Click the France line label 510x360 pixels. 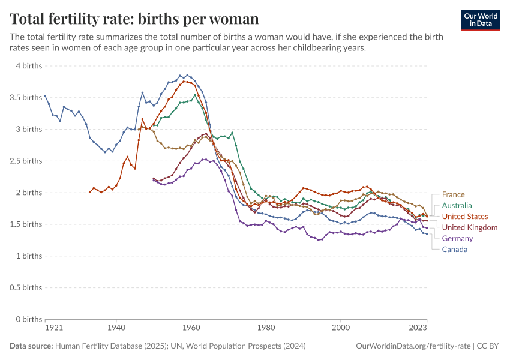point(453,194)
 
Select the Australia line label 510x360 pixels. point(457,205)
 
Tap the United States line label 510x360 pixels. point(465,216)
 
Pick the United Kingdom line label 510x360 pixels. point(469,227)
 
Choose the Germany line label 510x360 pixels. point(457,238)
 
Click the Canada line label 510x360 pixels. point(455,249)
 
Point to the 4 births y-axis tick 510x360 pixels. point(29,65)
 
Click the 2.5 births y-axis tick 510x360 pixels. point(26,161)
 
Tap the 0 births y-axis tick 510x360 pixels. point(29,319)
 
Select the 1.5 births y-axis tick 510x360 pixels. point(26,224)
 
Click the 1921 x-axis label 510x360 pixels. point(53,329)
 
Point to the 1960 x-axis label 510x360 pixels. point(191,329)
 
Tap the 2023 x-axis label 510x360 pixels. point(418,329)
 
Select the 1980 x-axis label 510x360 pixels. point(266,329)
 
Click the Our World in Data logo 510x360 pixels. point(481,19)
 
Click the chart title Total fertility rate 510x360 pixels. point(134,19)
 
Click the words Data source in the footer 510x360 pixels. point(31,346)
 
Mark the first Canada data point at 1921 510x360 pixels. point(45,95)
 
